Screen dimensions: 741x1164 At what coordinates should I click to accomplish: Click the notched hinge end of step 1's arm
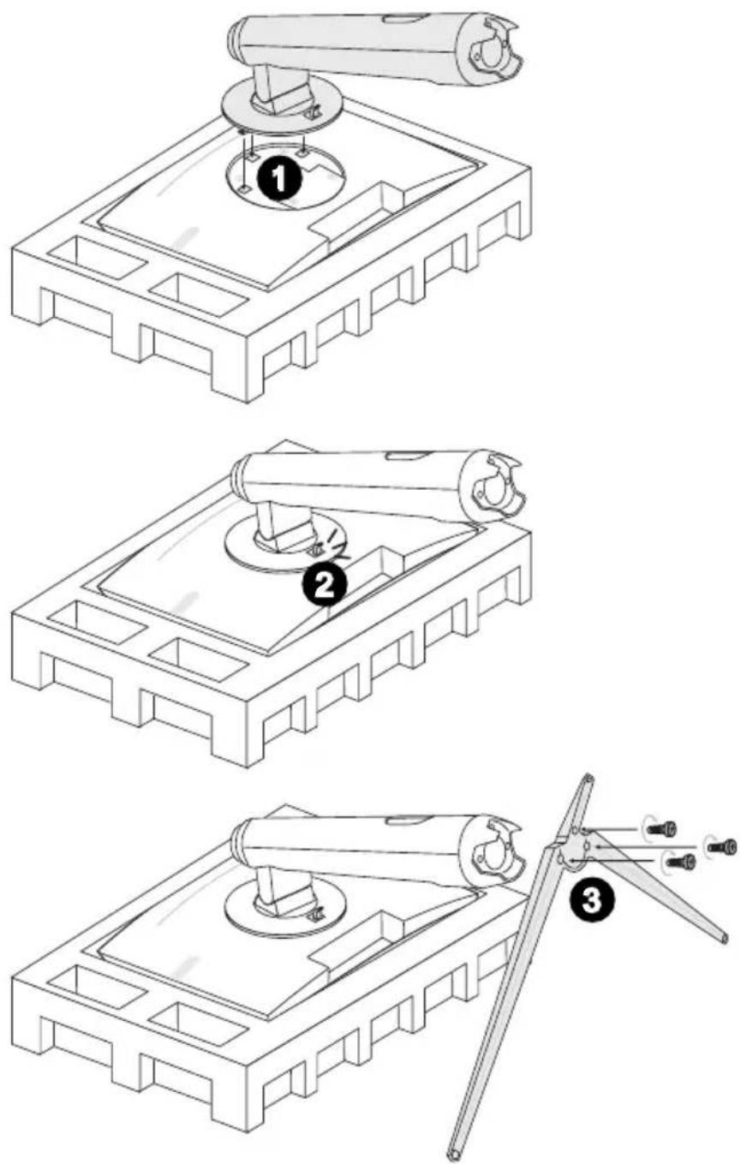[x=493, y=50]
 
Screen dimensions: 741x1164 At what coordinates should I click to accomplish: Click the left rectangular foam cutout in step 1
[x=98, y=258]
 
